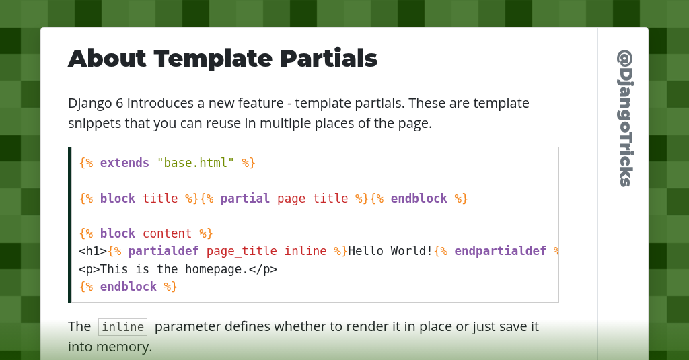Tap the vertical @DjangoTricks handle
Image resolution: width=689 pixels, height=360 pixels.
coord(624,118)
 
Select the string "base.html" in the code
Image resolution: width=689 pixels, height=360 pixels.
coord(196,163)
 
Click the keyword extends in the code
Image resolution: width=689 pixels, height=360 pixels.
coord(124,163)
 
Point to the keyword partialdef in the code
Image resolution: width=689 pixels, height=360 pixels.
coord(164,251)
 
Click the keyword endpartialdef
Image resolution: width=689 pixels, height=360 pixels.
coord(500,251)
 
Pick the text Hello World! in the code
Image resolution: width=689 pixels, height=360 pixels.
coord(390,251)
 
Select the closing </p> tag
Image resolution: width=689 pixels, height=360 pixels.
coord(263,269)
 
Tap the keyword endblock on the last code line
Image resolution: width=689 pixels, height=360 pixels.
coord(128,287)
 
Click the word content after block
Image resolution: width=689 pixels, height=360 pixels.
coord(167,233)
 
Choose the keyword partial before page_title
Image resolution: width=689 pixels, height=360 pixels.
coord(245,199)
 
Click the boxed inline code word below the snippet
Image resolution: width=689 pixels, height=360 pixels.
coord(122,327)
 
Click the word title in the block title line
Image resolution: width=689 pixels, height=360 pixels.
coord(160,199)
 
